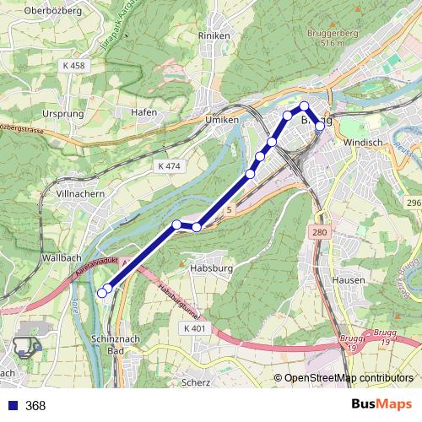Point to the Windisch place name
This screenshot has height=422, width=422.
pyautogui.click(x=365, y=143)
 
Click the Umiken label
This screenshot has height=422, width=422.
pyautogui.click(x=223, y=121)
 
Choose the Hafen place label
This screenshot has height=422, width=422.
pyautogui.click(x=144, y=111)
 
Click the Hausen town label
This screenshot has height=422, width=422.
pyautogui.click(x=349, y=279)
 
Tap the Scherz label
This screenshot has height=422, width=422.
pyautogui.click(x=195, y=381)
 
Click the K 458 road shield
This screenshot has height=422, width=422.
pyautogui.click(x=74, y=65)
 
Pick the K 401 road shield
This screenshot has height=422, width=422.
pyautogui.click(x=193, y=327)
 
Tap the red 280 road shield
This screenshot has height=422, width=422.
pyautogui.click(x=318, y=232)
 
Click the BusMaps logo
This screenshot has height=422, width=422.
pyautogui.click(x=381, y=405)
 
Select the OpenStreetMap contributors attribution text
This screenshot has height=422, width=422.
pyautogui.click(x=347, y=378)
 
